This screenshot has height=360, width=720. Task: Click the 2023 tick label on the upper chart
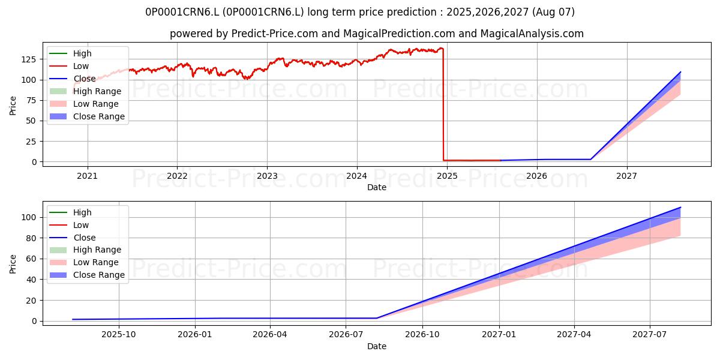tap(267, 176)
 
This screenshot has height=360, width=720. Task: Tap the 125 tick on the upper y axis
tap(29, 59)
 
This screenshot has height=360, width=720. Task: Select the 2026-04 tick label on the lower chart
tap(270, 335)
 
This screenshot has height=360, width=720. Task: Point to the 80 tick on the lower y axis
tap(31, 239)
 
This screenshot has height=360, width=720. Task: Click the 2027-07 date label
tap(650, 335)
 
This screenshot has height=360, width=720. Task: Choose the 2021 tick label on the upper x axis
tap(88, 176)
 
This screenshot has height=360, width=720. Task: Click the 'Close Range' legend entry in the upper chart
tap(87, 116)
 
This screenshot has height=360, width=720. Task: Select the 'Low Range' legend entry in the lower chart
tap(84, 262)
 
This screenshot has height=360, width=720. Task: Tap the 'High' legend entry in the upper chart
tap(70, 53)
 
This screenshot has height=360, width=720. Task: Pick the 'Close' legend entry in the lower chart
tap(73, 238)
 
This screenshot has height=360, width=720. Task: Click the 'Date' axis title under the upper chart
tap(377, 187)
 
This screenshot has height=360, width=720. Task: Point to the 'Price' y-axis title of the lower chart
tap(13, 264)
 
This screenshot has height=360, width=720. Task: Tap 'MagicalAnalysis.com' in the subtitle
tap(532, 34)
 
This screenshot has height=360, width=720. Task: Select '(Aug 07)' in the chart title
tap(553, 12)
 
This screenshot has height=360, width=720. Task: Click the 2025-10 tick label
tap(119, 335)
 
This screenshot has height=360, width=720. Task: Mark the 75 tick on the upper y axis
tap(31, 101)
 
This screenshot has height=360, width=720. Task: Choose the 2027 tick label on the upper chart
tap(627, 176)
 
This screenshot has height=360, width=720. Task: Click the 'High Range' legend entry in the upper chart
tap(85, 91)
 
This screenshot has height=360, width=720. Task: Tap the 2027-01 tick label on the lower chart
tap(499, 335)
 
